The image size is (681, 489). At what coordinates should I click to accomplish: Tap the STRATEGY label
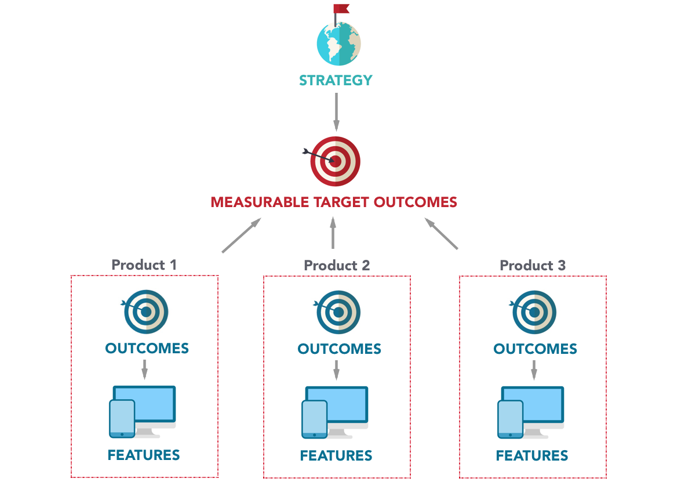(x=336, y=81)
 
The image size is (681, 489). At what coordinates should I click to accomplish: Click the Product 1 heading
(x=144, y=265)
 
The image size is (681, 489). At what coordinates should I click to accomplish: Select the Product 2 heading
(x=337, y=266)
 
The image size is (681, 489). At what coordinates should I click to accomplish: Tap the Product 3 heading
(x=532, y=266)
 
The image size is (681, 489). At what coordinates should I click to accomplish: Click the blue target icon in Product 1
(x=147, y=311)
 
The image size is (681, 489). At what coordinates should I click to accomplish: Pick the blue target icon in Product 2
(x=339, y=311)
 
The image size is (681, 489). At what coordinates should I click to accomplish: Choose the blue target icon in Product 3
(x=535, y=311)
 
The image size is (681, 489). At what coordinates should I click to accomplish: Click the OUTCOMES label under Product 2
(x=339, y=349)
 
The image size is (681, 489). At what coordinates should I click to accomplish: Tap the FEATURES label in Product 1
(x=144, y=455)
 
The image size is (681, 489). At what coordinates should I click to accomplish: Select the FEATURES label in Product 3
(x=532, y=456)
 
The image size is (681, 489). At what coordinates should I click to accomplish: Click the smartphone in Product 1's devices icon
(x=122, y=418)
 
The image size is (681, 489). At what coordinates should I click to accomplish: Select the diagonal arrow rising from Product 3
(x=441, y=234)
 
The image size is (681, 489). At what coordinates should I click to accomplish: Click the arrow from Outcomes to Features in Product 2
(x=336, y=368)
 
